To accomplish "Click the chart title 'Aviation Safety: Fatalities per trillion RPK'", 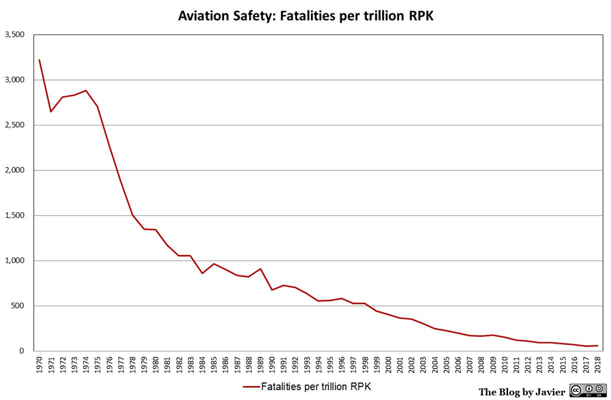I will (x=305, y=16).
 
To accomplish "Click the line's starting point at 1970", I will (x=39, y=60).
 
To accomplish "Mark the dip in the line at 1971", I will (x=51, y=112).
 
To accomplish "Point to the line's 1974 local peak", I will (x=86, y=90).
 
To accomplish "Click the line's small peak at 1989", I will (x=260, y=268).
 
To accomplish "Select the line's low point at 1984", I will (x=202, y=273).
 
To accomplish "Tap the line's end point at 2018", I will (x=598, y=345).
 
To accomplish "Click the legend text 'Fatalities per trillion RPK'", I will (x=315, y=387).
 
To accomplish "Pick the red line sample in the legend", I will (x=251, y=387).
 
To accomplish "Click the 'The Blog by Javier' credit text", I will (x=521, y=392).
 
